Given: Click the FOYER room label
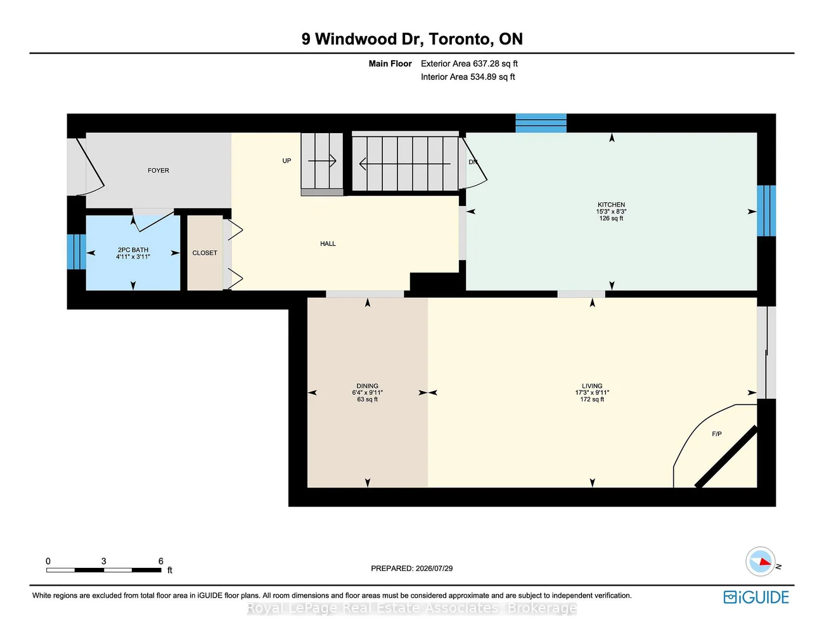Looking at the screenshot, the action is (x=158, y=171).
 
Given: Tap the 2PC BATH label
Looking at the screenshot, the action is (x=132, y=250).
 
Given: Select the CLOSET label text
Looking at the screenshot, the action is (x=204, y=253).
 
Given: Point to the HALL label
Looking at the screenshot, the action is (x=328, y=244).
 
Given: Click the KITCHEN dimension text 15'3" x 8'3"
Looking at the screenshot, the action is (x=611, y=212).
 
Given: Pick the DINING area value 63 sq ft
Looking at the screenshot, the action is (x=367, y=399).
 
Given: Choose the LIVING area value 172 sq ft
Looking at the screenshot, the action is (x=592, y=399).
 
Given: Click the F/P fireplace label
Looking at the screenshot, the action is (x=716, y=434).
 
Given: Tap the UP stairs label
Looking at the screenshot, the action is (x=286, y=161).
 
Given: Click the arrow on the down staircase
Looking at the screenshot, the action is (x=404, y=164).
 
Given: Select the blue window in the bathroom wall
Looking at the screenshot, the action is (x=76, y=252).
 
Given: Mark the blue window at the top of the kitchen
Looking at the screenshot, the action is (x=541, y=123).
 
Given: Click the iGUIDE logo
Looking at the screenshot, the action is (x=756, y=597).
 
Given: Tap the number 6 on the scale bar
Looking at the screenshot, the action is (x=161, y=561).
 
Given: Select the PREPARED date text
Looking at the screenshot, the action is (x=411, y=569).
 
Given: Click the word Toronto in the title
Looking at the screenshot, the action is (x=461, y=39).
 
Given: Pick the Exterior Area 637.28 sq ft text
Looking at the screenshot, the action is (x=469, y=63).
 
